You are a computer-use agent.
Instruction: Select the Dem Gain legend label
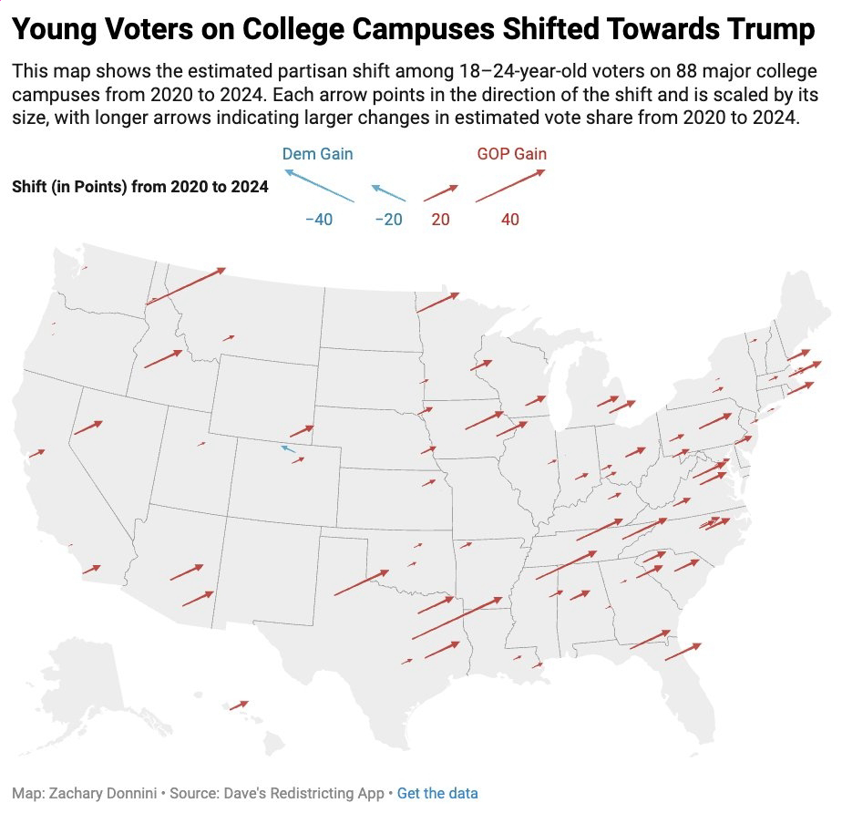coord(317,154)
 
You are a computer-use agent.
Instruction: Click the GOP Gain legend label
coord(512,154)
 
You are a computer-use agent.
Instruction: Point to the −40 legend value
coord(318,220)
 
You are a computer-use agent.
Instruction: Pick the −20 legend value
coord(388,220)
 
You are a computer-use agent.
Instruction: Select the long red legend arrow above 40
coord(509,185)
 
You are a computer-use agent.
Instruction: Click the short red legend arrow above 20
coord(440,192)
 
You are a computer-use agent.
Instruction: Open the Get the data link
coord(437,794)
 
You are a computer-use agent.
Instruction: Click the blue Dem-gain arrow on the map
coord(288,448)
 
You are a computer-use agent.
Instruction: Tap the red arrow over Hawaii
coord(240,705)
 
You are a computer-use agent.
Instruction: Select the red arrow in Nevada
coord(87,427)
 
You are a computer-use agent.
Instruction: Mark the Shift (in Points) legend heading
coord(140,187)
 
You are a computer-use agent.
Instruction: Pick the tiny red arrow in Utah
coord(201,444)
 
